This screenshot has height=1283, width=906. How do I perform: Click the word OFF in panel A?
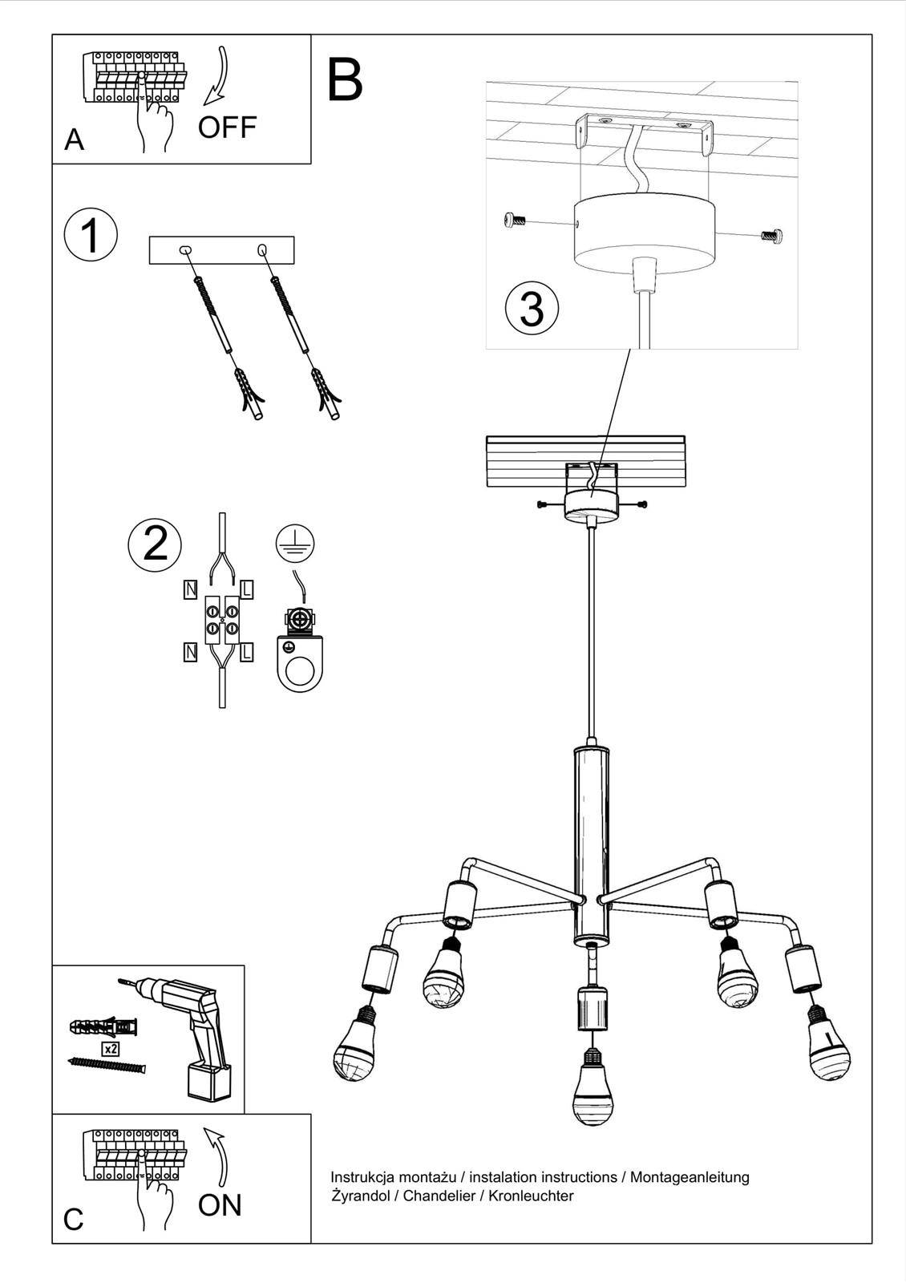(x=227, y=127)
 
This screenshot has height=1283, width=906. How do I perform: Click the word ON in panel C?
(x=219, y=1205)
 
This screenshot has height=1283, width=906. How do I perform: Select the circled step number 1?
(x=91, y=237)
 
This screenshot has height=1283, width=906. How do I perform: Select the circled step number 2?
(x=155, y=542)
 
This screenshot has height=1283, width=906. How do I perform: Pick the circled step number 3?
(x=532, y=308)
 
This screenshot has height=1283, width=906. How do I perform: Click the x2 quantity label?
(x=111, y=1049)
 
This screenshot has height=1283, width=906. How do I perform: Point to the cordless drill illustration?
(x=196, y=1034)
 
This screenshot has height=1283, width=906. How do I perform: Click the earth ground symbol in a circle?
(x=295, y=544)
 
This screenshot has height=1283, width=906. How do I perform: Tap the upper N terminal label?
(x=190, y=590)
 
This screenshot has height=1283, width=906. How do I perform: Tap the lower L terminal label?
(x=246, y=652)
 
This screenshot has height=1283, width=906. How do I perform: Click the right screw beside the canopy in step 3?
(x=771, y=235)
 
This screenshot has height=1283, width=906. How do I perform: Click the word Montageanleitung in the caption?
(x=690, y=1177)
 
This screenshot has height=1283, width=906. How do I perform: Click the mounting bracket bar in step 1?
(x=222, y=250)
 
